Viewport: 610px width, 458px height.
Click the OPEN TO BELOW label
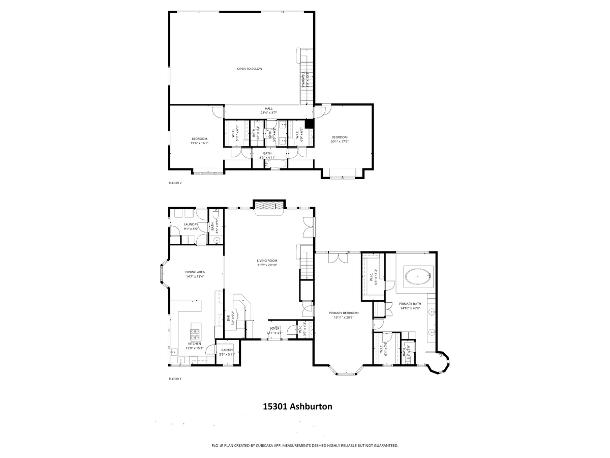(x=250, y=69)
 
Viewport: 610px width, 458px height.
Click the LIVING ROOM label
(x=267, y=261)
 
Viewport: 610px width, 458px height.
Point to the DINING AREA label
(x=195, y=272)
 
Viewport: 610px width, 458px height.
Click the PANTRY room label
(x=226, y=350)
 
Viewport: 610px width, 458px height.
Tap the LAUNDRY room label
(x=191, y=224)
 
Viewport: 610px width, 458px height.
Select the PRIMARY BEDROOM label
(x=344, y=313)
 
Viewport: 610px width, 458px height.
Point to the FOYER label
(x=274, y=329)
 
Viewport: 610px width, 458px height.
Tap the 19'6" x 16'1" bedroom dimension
(x=199, y=143)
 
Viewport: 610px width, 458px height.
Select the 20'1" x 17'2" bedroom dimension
(x=340, y=141)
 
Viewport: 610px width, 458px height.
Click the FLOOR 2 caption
(x=175, y=183)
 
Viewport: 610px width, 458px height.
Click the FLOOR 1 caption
(x=175, y=379)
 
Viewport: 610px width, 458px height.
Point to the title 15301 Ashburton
(x=297, y=406)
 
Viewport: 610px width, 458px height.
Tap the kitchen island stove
(x=195, y=334)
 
